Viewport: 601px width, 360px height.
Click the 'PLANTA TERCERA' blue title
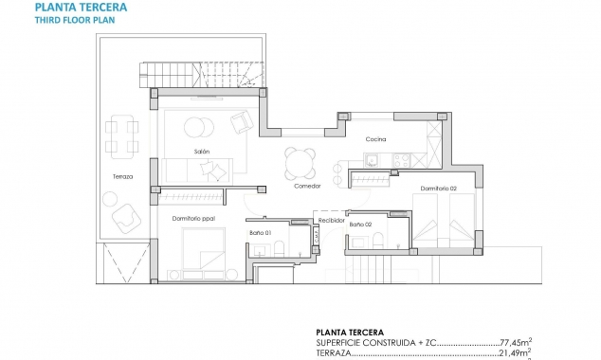[x=83, y=7]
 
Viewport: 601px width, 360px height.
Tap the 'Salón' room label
[x=201, y=152]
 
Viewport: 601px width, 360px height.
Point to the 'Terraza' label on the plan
[x=121, y=177]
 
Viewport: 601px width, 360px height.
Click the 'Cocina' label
[x=376, y=139]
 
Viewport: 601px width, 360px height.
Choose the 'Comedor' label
[x=307, y=186]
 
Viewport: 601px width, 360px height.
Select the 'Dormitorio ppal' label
[x=193, y=219]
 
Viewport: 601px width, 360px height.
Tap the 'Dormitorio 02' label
[x=441, y=189]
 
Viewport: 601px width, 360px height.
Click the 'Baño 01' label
[x=261, y=233]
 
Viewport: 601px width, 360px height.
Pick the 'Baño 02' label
[x=360, y=225]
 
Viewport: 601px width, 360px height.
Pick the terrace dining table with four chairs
[x=120, y=135]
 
